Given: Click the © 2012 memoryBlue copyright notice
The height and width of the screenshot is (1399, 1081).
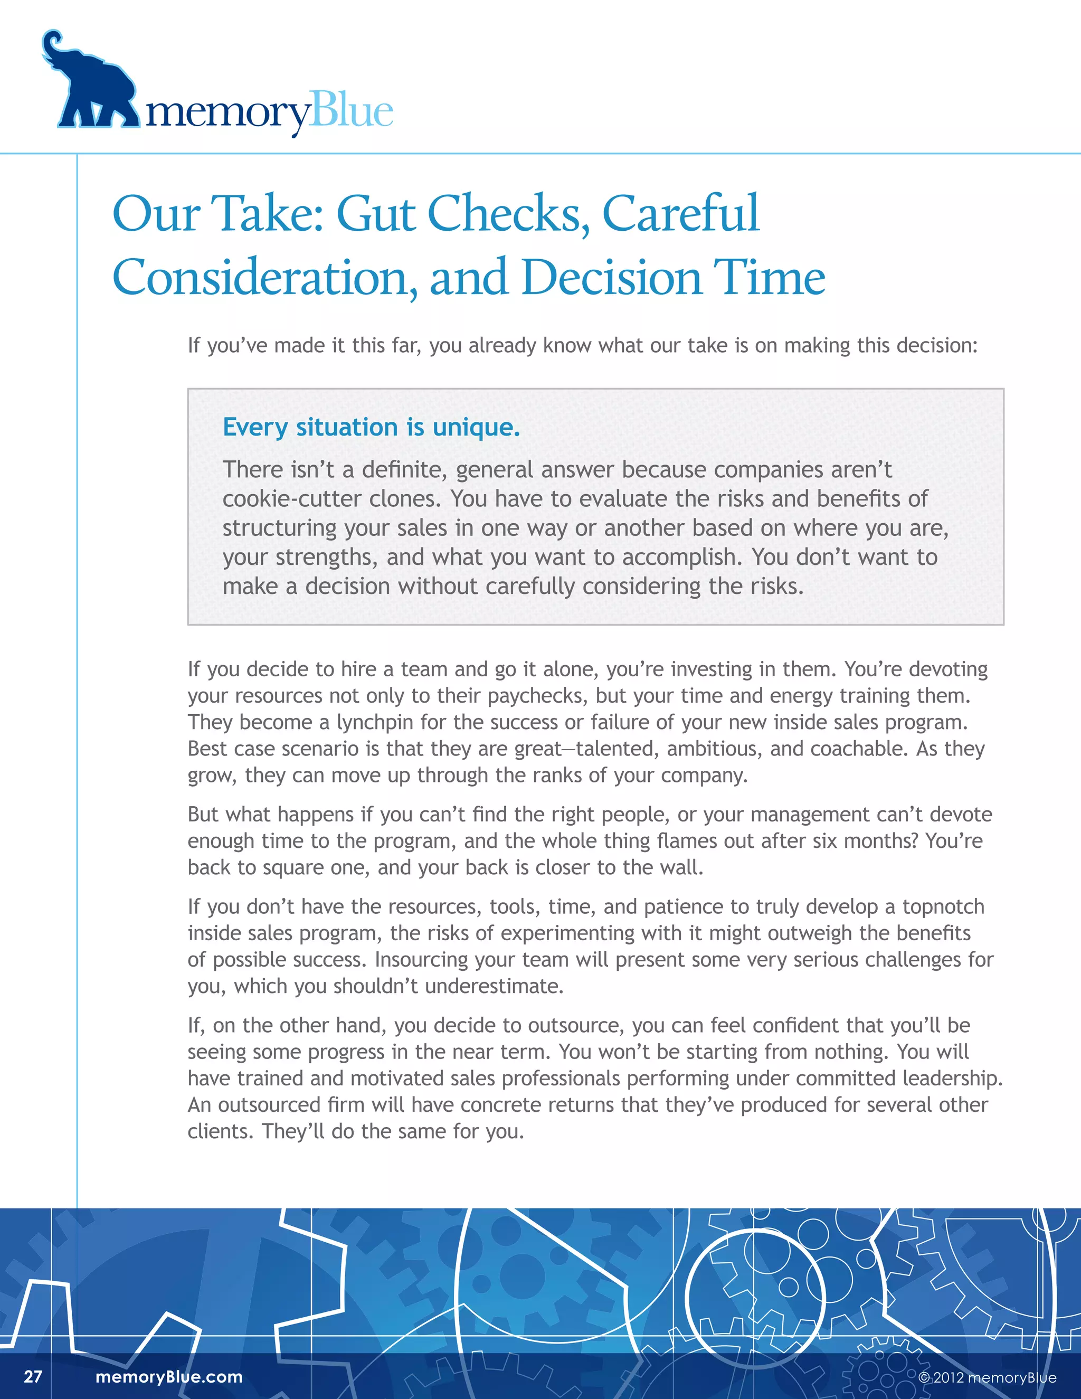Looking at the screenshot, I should coord(987,1378).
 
